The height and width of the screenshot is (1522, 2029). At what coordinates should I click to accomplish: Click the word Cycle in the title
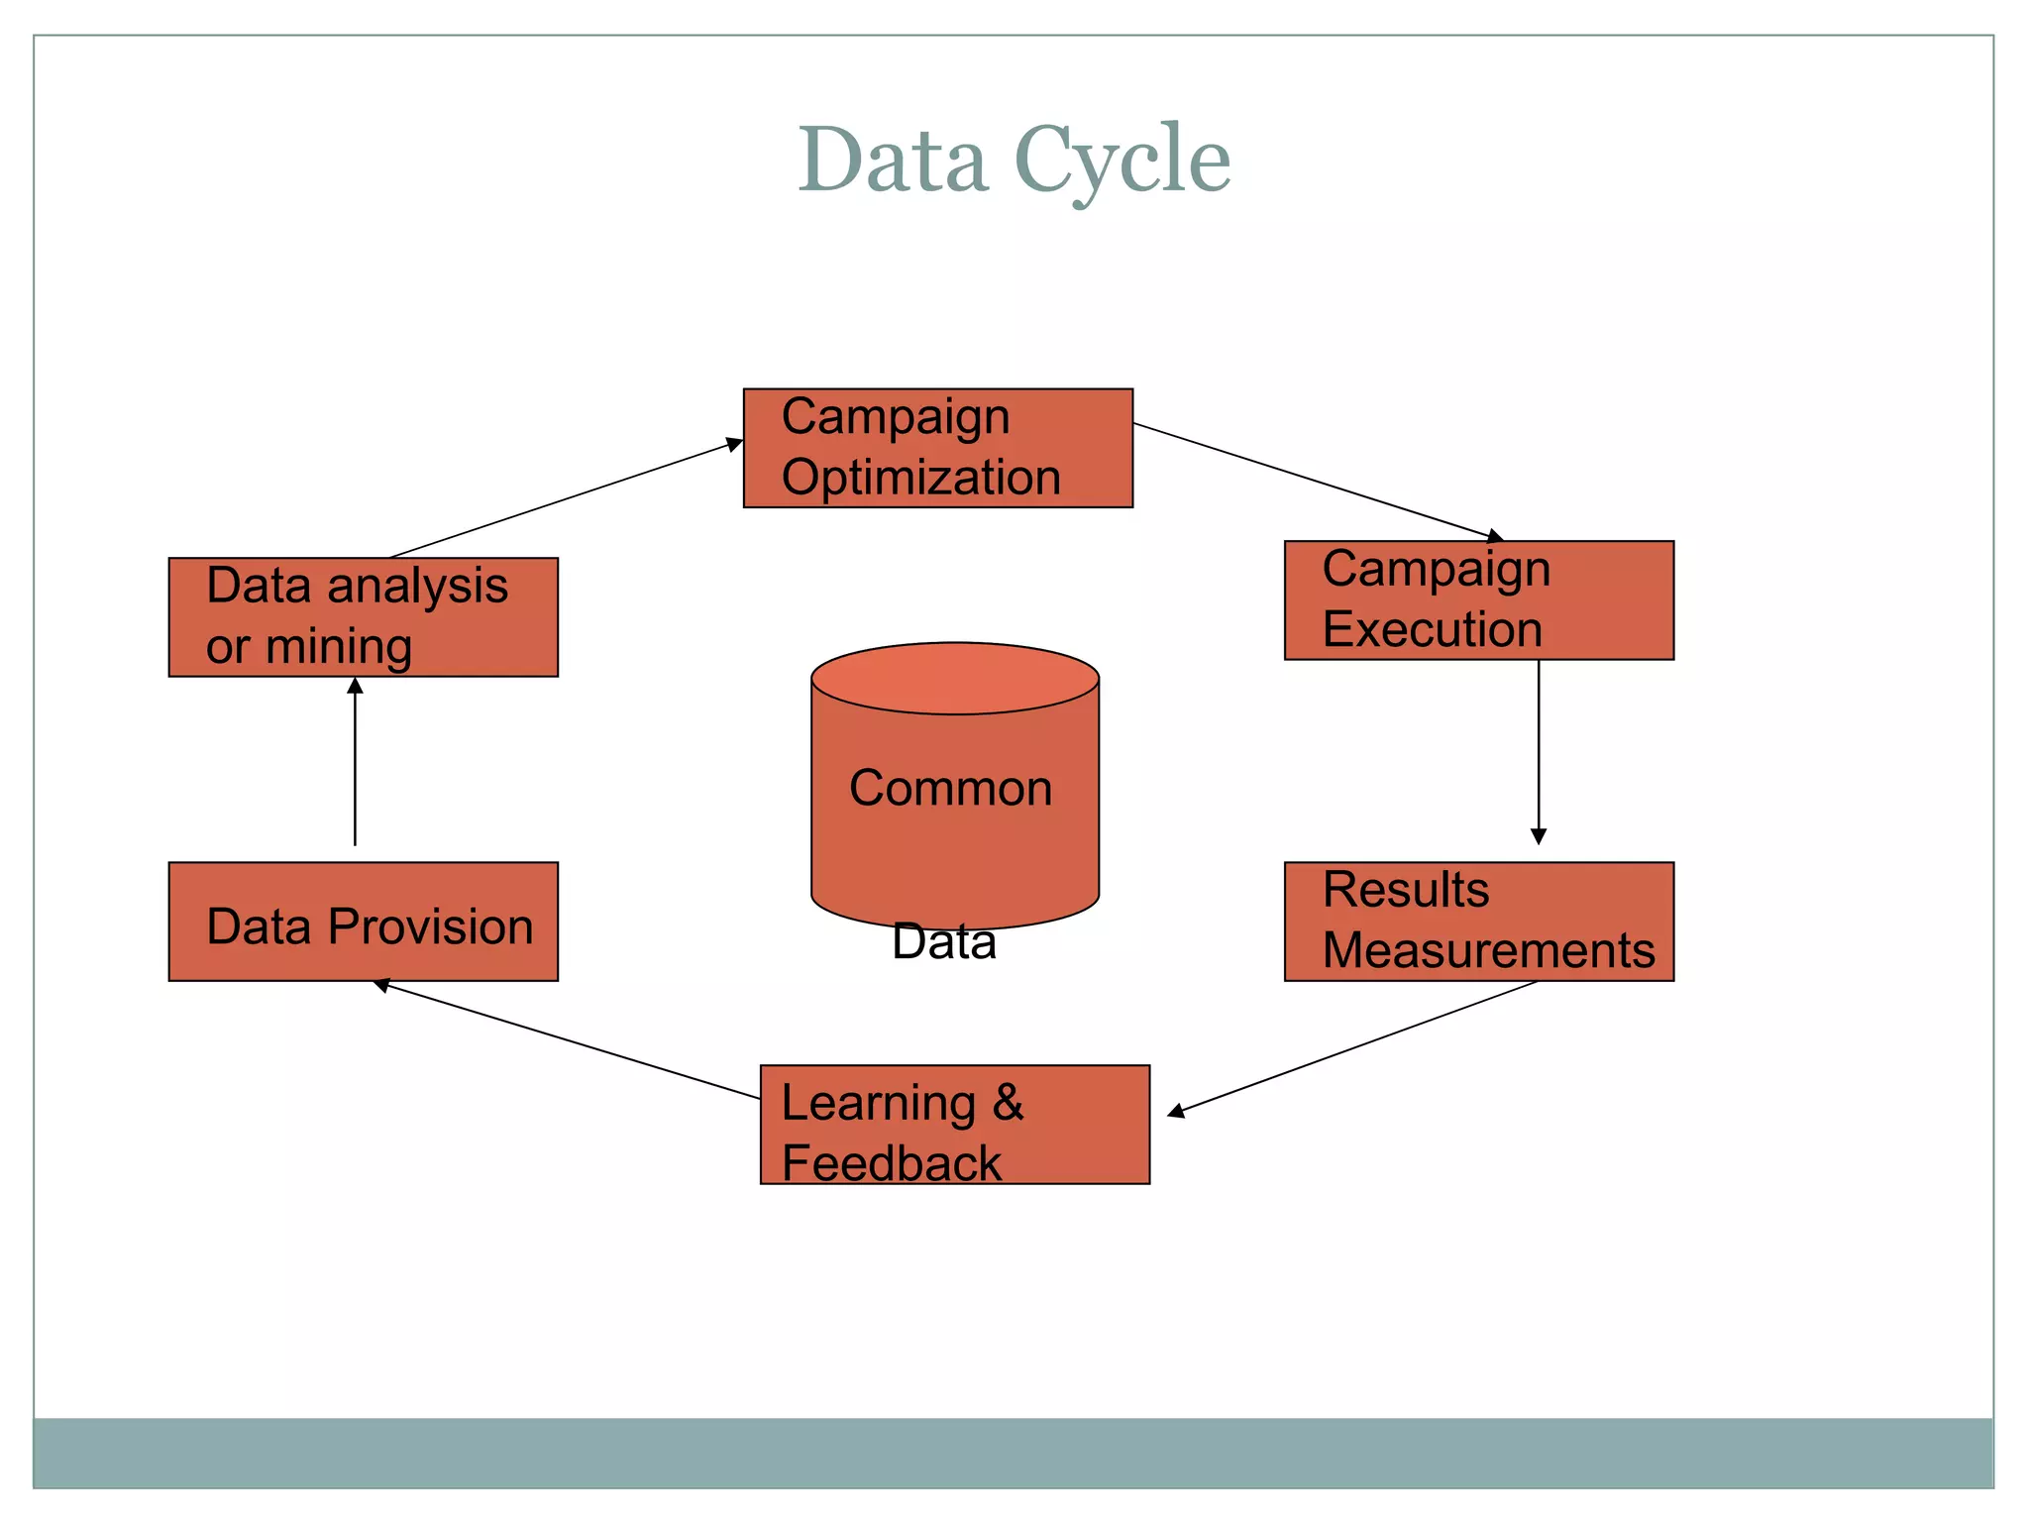(x=1121, y=161)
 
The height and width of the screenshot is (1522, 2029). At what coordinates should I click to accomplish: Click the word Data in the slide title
(x=893, y=161)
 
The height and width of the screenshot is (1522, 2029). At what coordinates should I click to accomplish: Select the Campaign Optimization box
(x=937, y=448)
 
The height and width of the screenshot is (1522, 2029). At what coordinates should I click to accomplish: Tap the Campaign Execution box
(x=1478, y=599)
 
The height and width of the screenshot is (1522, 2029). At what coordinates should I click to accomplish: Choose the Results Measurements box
(x=1478, y=921)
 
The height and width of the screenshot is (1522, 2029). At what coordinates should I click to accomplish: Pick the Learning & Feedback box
(x=954, y=1124)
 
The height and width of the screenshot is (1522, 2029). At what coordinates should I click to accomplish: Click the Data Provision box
(x=363, y=921)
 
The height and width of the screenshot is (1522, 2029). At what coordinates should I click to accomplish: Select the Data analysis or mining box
(x=363, y=616)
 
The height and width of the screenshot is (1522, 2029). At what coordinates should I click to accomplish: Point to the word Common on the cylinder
(x=950, y=789)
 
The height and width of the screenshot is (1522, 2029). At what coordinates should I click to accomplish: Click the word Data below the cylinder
(x=943, y=941)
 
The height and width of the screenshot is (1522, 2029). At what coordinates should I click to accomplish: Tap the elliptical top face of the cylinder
(x=954, y=678)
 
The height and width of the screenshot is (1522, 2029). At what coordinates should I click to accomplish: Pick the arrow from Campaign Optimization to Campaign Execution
(x=1318, y=482)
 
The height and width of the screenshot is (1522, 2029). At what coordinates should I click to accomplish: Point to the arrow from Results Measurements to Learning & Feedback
(x=1353, y=1048)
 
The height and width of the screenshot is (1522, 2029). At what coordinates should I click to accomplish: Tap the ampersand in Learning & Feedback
(x=1008, y=1103)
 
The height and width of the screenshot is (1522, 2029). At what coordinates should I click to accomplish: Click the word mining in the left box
(x=339, y=647)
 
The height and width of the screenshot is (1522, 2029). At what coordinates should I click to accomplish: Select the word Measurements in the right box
(x=1488, y=950)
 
